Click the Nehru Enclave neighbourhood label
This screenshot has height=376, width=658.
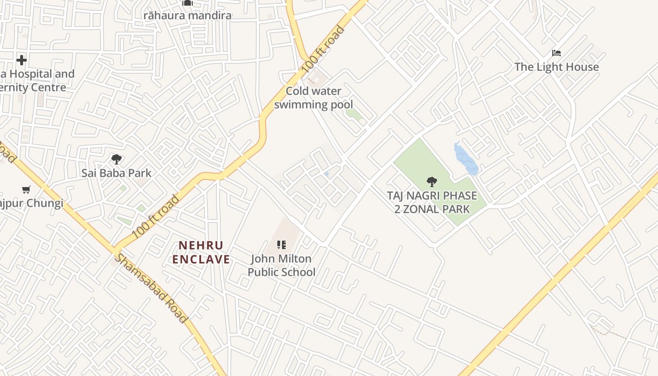pyautogui.click(x=201, y=252)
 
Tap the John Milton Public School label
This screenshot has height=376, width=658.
pyautogui.click(x=282, y=266)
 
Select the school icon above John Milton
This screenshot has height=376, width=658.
pyautogui.click(x=282, y=244)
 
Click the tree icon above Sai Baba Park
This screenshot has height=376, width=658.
pyautogui.click(x=117, y=159)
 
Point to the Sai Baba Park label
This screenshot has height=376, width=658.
pyautogui.click(x=117, y=173)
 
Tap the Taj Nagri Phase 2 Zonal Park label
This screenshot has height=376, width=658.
pyautogui.click(x=432, y=202)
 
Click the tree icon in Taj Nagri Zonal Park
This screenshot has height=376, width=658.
pyautogui.click(x=431, y=182)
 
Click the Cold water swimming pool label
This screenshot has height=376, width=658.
pyautogui.click(x=313, y=98)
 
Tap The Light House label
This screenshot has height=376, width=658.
pyautogui.click(x=556, y=67)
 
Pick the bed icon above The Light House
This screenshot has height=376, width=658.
pyautogui.click(x=556, y=53)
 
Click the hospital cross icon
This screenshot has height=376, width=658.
pyautogui.click(x=21, y=60)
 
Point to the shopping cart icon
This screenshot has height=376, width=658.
pyautogui.click(x=26, y=190)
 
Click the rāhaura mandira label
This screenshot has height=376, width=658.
pyautogui.click(x=188, y=16)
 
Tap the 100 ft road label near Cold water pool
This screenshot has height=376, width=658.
pyautogui.click(x=323, y=49)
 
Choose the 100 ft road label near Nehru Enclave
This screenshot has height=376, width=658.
pyautogui.click(x=156, y=217)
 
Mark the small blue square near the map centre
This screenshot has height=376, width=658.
pyautogui.click(x=327, y=174)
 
